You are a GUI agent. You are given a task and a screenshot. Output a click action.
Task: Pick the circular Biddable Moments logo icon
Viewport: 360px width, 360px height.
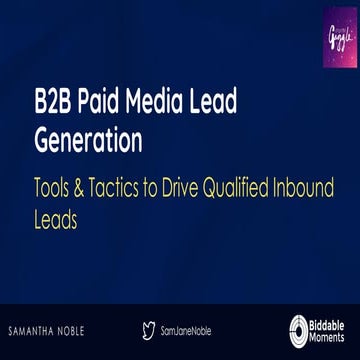[298, 329]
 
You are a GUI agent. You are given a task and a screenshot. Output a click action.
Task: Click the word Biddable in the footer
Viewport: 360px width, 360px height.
[332, 322]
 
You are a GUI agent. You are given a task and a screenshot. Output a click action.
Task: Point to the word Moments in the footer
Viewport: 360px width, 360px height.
[332, 336]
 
